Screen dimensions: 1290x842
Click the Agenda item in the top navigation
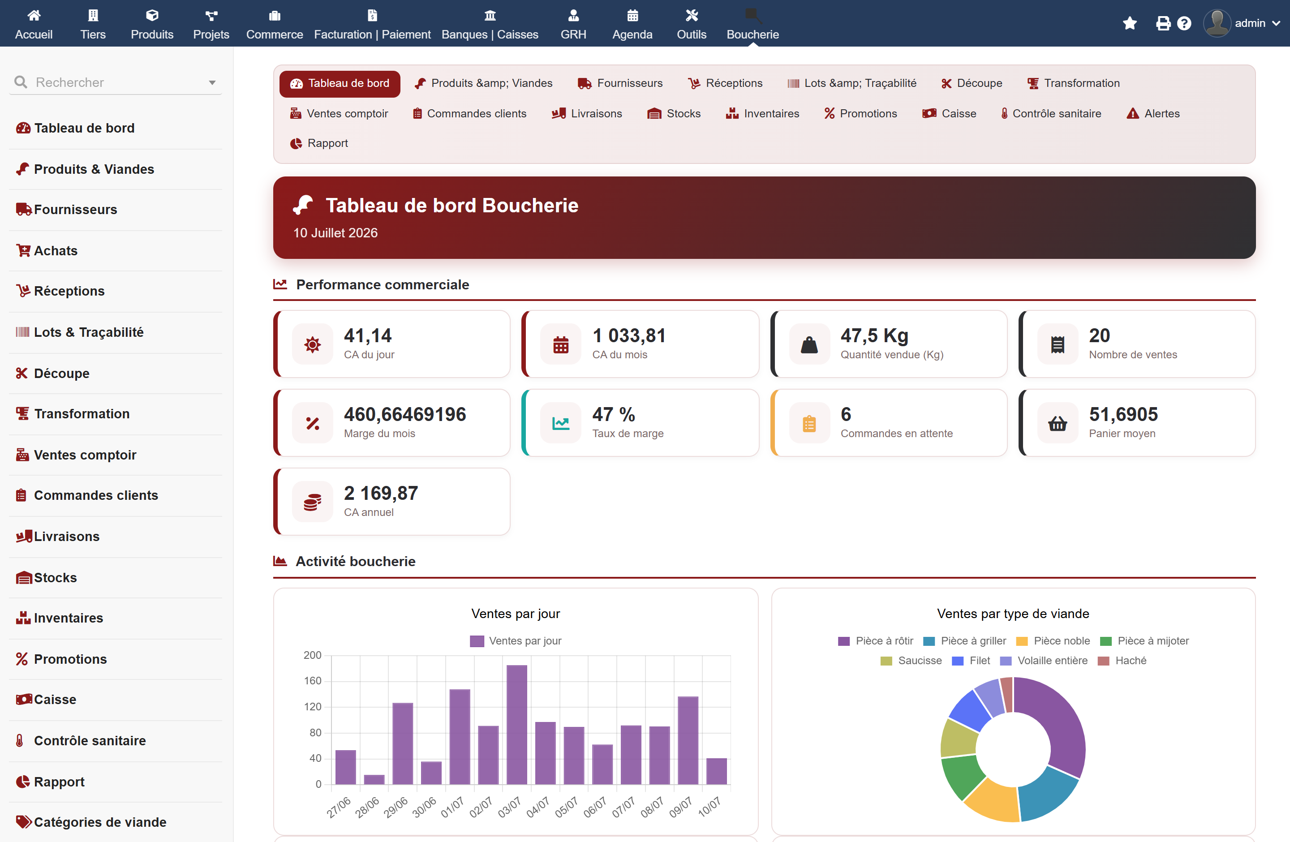[x=632, y=24]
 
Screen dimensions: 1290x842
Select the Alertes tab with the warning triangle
[x=1153, y=114]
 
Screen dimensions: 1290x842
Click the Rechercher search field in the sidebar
[x=116, y=82]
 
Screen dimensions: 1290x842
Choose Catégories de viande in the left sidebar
[x=91, y=822]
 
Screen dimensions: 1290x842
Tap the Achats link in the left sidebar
[x=47, y=251]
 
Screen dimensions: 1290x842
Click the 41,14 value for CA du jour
[x=367, y=336]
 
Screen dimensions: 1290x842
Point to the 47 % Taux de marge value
[x=614, y=414]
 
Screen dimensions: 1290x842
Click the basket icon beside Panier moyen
[x=1058, y=423]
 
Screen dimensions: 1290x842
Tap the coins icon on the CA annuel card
[x=312, y=502]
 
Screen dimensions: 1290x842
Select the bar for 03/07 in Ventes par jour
[x=516, y=724]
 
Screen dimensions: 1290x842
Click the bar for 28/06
[x=374, y=779]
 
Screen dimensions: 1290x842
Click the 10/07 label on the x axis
[x=709, y=807]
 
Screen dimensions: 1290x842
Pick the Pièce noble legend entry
[x=1053, y=641]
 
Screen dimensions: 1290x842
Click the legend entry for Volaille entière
[x=1044, y=661]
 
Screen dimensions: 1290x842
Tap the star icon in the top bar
[x=1130, y=23]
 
